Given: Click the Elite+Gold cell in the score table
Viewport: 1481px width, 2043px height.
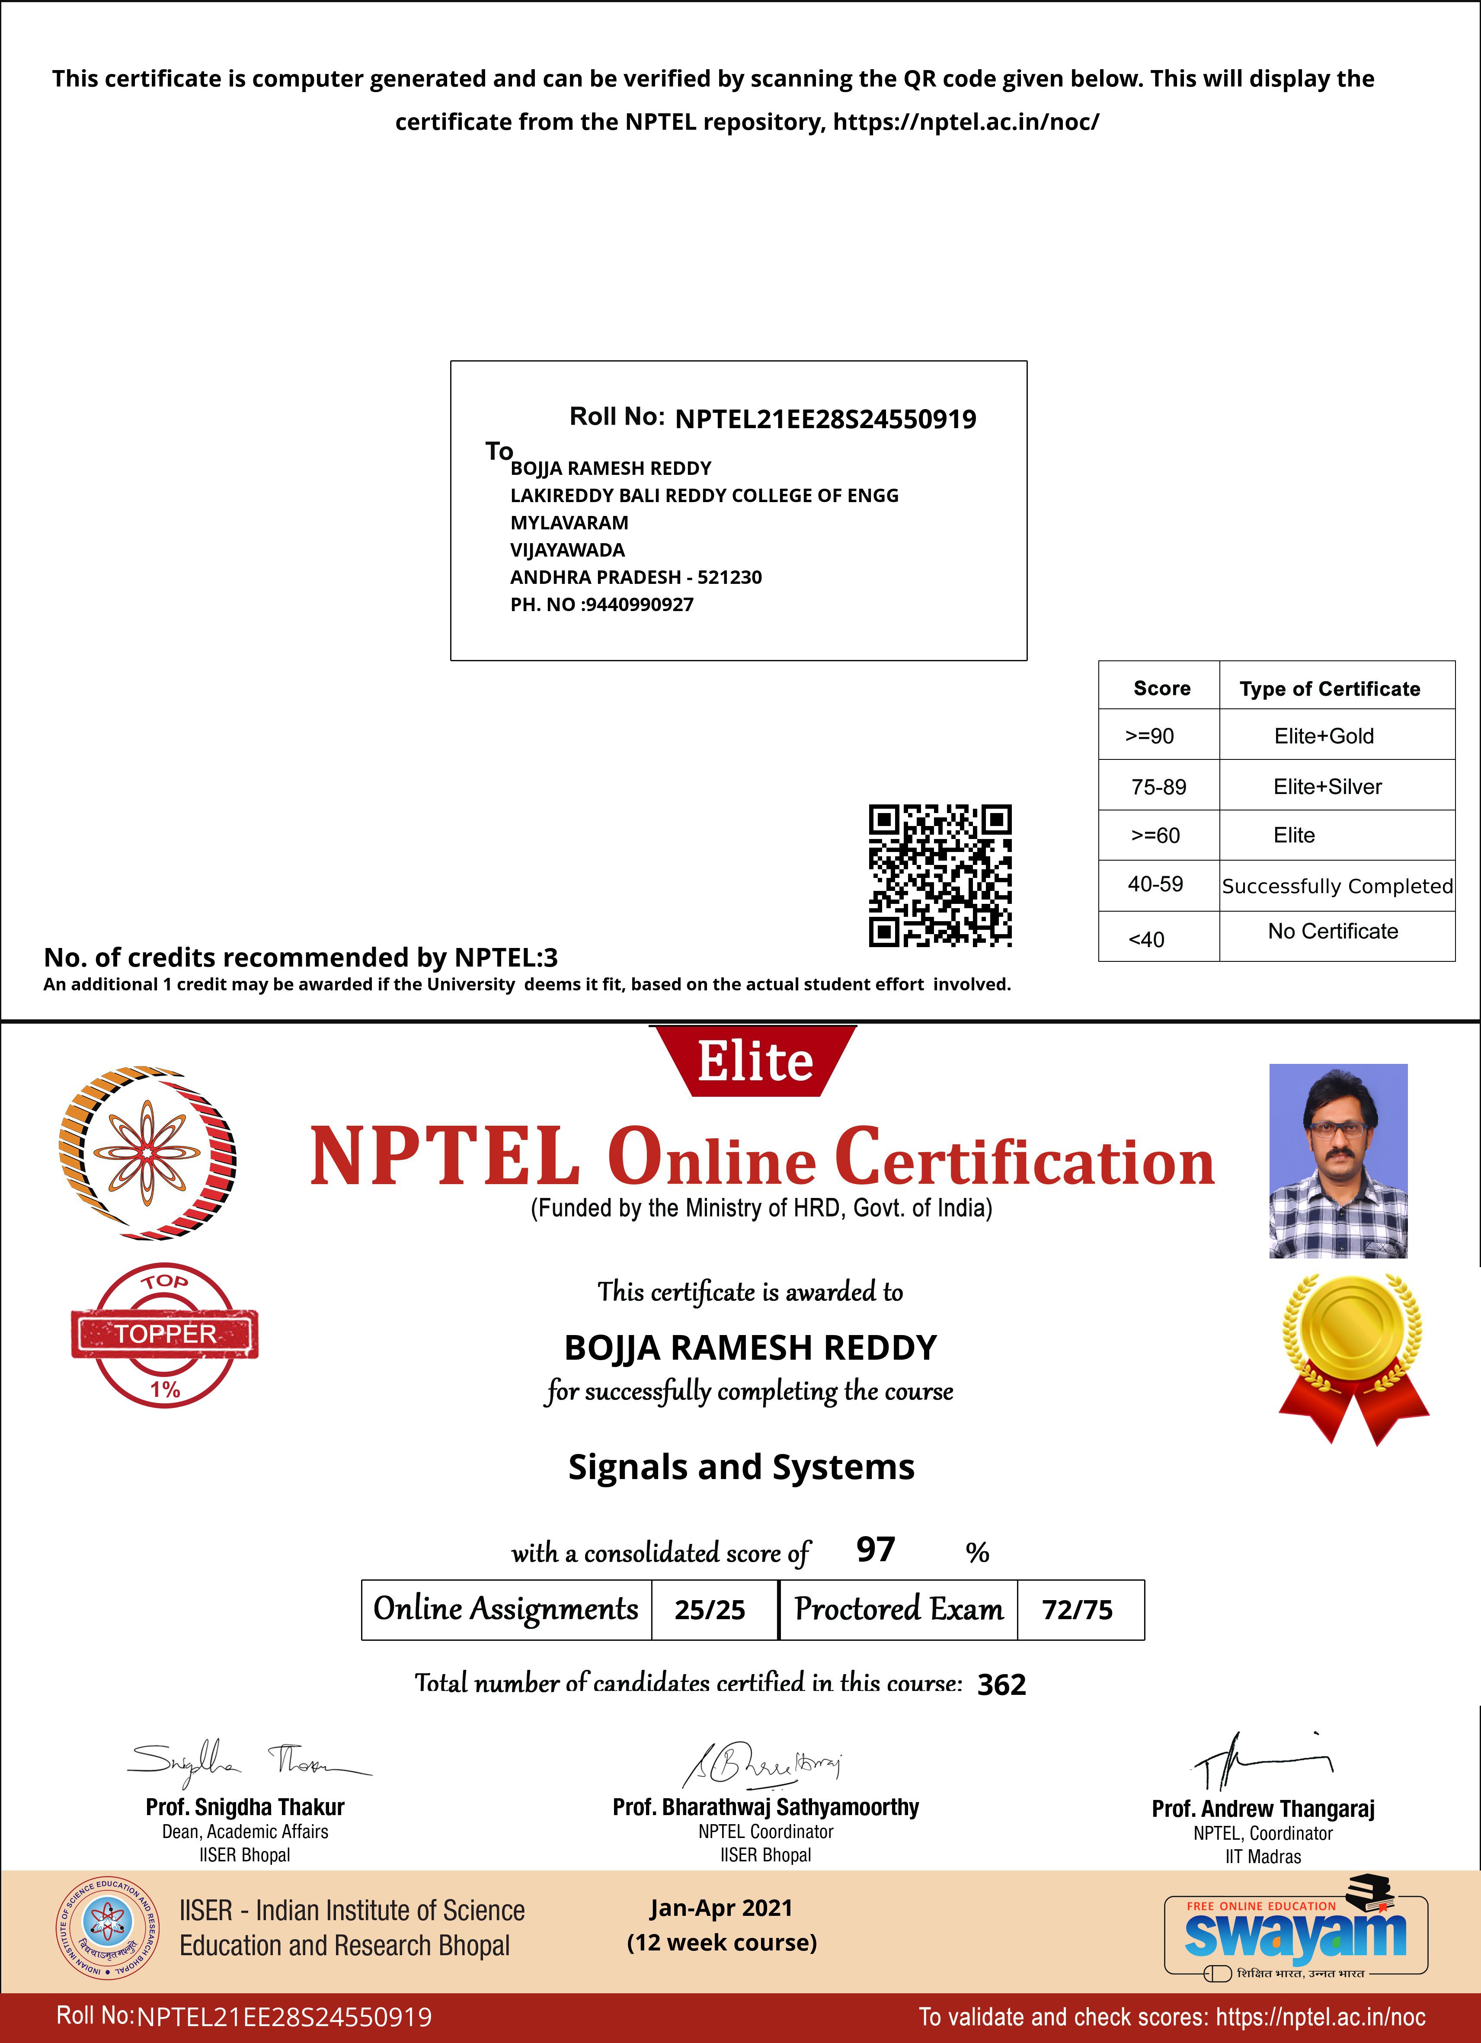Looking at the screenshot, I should pos(1323,736).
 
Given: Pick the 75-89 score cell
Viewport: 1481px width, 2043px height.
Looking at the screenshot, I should pos(1158,786).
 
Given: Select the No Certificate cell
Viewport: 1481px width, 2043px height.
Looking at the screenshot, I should pos(1332,932).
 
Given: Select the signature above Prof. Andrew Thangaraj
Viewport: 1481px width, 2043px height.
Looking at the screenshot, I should pos(1261,1761).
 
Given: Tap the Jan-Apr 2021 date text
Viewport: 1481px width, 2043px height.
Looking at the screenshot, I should pos(721,1908).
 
